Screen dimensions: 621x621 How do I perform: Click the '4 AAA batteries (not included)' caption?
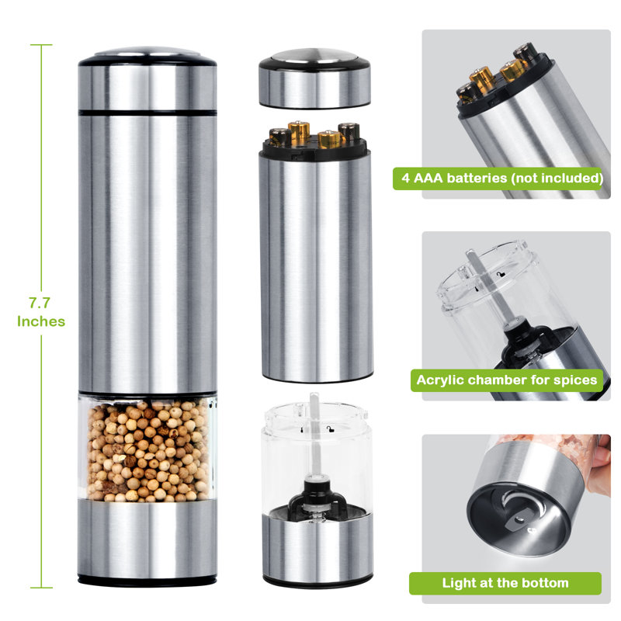coord(501,179)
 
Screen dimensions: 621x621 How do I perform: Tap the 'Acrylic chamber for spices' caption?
coord(506,380)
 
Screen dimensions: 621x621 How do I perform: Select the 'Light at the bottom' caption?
coord(505,583)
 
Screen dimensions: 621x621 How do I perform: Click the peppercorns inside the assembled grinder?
coord(147,450)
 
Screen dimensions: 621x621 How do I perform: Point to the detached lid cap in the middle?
coord(314,78)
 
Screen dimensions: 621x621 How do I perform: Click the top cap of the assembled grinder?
coord(147,78)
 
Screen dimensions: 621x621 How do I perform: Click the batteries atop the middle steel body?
coord(314,136)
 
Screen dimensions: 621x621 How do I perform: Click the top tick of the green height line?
coord(41,45)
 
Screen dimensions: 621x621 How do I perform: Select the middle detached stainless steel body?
coord(314,264)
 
